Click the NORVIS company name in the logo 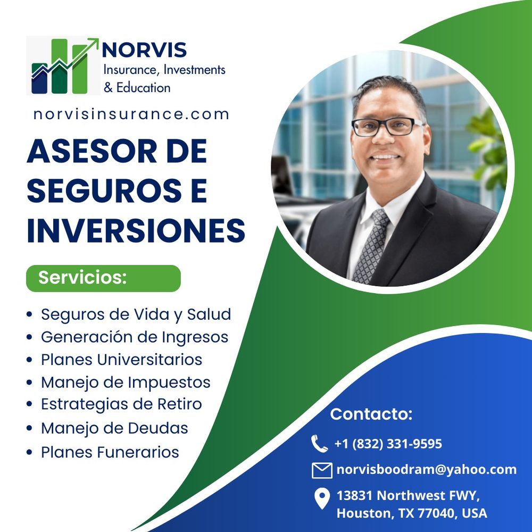tap(144, 50)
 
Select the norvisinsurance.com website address tap(131, 114)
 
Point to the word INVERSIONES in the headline tap(136, 230)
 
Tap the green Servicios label tap(103, 278)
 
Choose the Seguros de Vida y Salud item tap(136, 314)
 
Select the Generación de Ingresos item tap(134, 337)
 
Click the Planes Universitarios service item tap(121, 360)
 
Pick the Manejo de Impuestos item tap(126, 382)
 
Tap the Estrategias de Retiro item tap(121, 404)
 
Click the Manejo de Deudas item tap(114, 428)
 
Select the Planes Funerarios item tap(110, 452)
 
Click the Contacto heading tap(371, 414)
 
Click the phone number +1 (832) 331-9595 tap(388, 444)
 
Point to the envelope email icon tap(322, 470)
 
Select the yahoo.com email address tap(426, 470)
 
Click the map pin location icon tap(321, 498)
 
